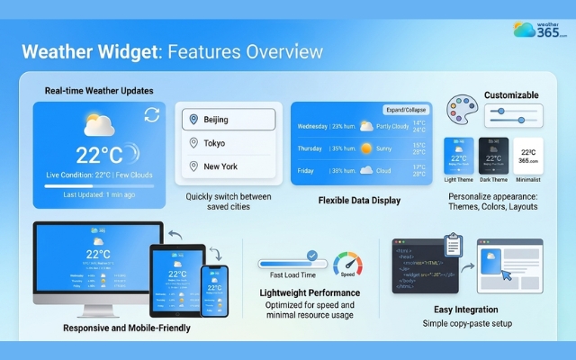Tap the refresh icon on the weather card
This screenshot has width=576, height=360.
151,114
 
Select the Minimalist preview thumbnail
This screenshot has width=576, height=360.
528,155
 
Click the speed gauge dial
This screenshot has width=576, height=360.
347,265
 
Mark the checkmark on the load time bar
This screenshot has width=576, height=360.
311,256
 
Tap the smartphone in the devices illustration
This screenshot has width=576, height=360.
214,291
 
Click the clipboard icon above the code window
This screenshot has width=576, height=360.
454,245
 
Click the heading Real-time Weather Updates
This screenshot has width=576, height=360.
99,91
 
